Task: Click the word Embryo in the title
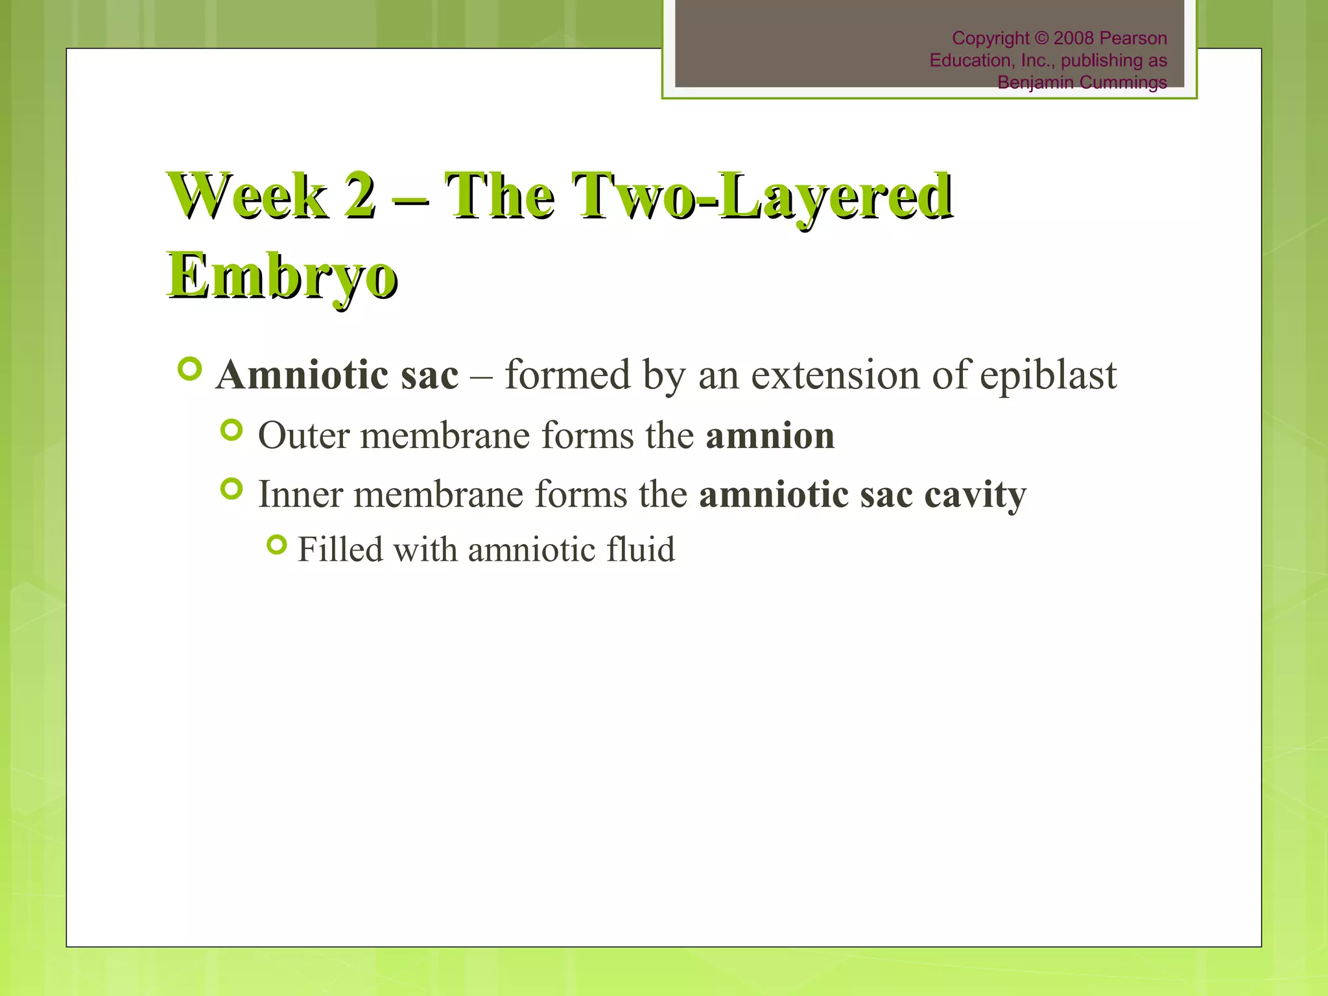tap(282, 276)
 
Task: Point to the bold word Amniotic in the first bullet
tap(301, 375)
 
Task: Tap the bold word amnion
tap(770, 435)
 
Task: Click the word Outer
tap(303, 435)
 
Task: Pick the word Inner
tap(300, 494)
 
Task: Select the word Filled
tap(340, 550)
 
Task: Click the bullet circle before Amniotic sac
tap(190, 370)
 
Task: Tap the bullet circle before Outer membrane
tap(231, 430)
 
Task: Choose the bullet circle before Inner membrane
tap(231, 489)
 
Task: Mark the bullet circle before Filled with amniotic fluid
tap(276, 545)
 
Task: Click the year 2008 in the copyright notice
tap(1074, 38)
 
